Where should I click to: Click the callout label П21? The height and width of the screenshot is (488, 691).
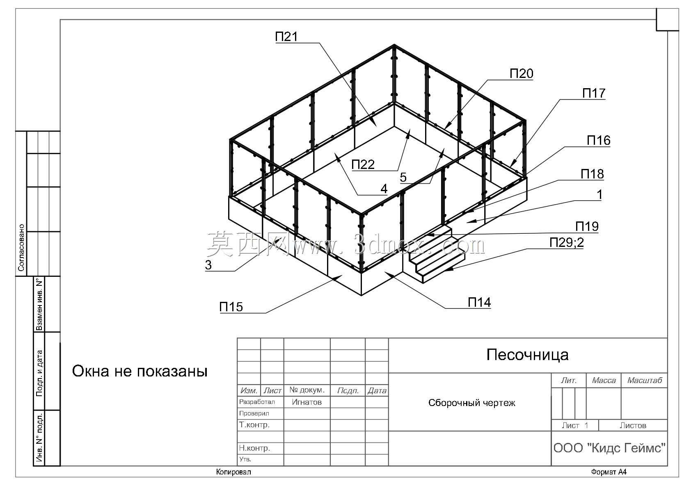click(x=286, y=36)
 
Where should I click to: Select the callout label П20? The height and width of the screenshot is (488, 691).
click(x=522, y=74)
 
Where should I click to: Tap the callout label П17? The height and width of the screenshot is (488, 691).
click(x=594, y=93)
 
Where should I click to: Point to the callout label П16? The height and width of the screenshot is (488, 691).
click(x=598, y=141)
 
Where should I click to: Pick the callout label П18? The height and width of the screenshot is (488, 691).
click(x=592, y=174)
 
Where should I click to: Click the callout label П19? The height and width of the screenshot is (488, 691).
click(x=587, y=227)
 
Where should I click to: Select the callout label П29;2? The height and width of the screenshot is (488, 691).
click(x=567, y=243)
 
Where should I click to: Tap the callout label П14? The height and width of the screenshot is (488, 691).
click(x=479, y=302)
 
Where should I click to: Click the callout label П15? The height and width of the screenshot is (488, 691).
click(x=231, y=307)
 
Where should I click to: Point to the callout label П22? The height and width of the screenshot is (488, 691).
click(x=363, y=164)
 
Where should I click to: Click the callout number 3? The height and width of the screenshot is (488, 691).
click(x=208, y=265)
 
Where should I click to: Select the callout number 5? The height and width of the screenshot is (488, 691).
click(x=403, y=178)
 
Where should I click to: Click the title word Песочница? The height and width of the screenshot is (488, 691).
click(x=528, y=355)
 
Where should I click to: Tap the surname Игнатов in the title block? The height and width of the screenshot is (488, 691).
click(x=307, y=402)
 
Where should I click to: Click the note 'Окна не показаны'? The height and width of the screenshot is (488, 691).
click(x=140, y=371)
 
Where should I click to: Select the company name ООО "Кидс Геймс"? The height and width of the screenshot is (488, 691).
click(x=609, y=448)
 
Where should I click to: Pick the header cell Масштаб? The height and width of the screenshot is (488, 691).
click(x=645, y=381)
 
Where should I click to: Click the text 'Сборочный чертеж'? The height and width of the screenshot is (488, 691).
click(x=471, y=403)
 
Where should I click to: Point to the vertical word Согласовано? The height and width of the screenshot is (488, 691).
click(x=21, y=248)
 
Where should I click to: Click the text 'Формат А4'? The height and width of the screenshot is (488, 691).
click(x=609, y=472)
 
